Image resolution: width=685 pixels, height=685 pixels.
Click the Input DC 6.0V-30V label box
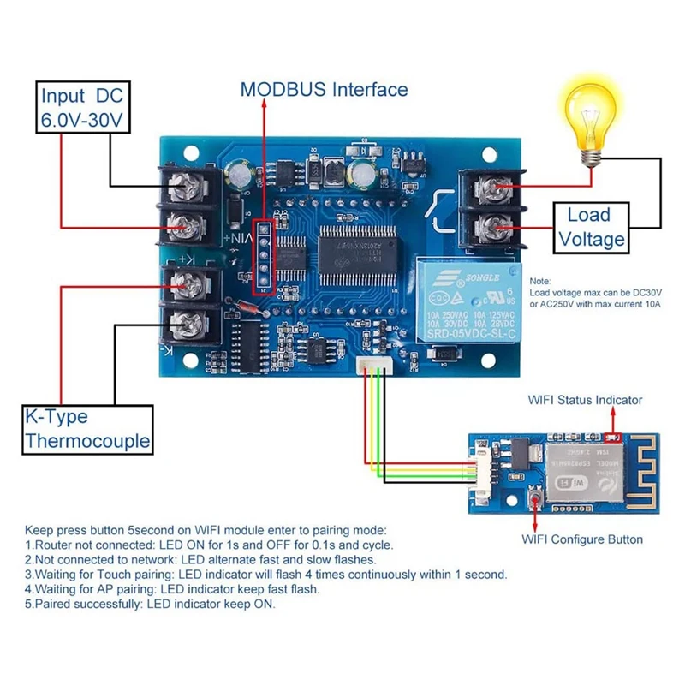click(x=84, y=107)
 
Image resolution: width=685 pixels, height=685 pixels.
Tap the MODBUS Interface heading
click(x=324, y=89)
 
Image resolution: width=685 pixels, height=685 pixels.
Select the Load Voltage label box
click(x=589, y=227)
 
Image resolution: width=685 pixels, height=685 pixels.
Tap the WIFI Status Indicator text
click(x=585, y=400)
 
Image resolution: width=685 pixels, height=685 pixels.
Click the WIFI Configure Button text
click(x=582, y=539)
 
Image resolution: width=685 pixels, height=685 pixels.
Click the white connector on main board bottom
click(x=372, y=366)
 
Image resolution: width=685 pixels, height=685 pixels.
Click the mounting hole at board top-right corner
click(x=489, y=156)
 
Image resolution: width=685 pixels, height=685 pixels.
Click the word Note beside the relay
click(x=540, y=281)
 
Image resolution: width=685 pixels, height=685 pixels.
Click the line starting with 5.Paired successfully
click(x=150, y=604)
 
